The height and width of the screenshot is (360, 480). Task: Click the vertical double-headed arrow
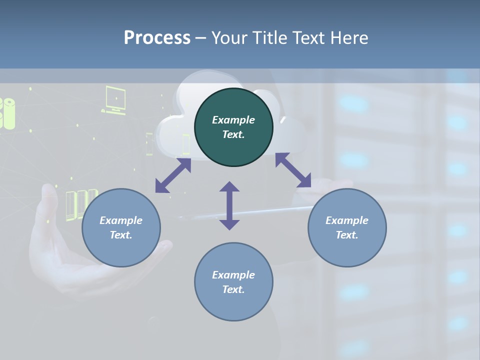[229, 205]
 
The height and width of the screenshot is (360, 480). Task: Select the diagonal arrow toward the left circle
[173, 175]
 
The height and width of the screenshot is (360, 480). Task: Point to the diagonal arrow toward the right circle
[293, 170]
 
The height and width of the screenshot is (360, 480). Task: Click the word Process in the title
[157, 37]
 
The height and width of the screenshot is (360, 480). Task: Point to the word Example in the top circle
[233, 120]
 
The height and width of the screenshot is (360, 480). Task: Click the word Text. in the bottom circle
[233, 289]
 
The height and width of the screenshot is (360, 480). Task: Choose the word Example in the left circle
[121, 220]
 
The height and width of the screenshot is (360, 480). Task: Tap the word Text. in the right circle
[347, 235]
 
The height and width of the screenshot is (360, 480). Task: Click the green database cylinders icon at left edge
[7, 113]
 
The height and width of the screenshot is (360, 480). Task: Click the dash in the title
[200, 37]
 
